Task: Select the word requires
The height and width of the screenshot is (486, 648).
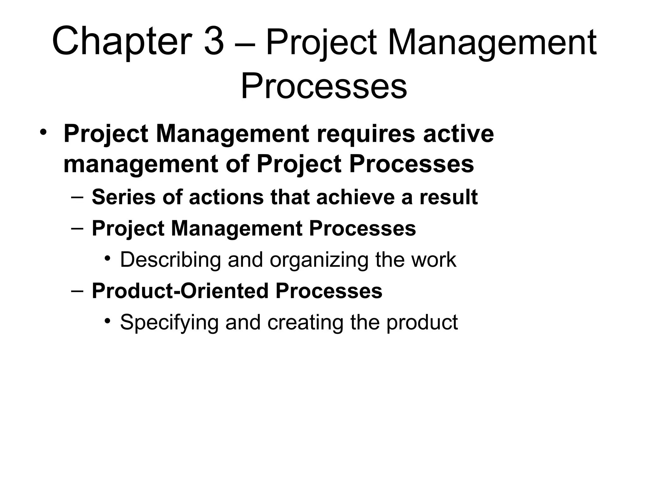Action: coord(366,134)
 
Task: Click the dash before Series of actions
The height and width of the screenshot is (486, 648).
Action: coord(78,198)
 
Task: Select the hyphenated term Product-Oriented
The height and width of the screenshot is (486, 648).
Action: coord(180,291)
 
